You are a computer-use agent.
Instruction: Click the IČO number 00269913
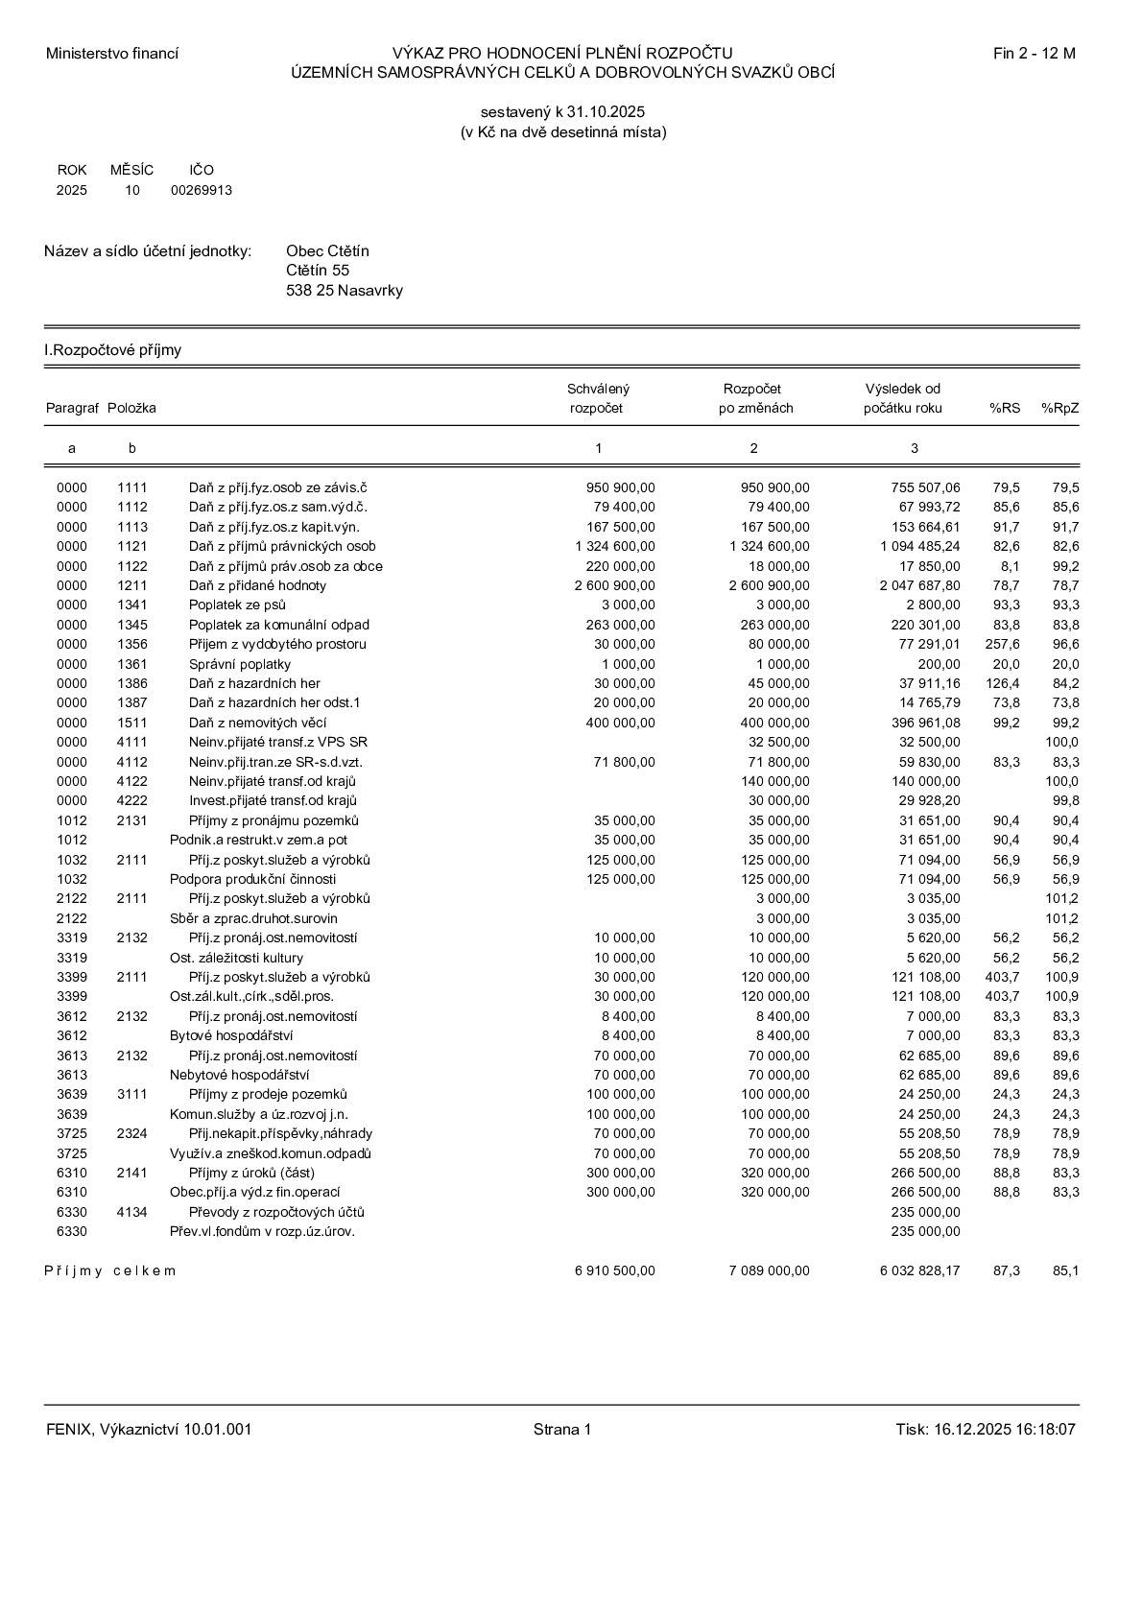(x=202, y=190)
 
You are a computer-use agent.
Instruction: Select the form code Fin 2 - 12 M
(x=1034, y=54)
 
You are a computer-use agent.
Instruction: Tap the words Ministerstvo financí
(x=112, y=54)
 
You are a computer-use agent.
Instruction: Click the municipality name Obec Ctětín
(x=327, y=251)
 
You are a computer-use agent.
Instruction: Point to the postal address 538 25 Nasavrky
(x=345, y=291)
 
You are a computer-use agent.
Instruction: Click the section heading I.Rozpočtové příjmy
(x=113, y=350)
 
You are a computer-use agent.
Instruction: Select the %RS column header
(x=1005, y=408)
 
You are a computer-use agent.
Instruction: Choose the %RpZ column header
(x=1059, y=408)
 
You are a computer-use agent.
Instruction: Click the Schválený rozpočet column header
(x=597, y=398)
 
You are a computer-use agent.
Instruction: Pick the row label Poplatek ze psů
(x=237, y=605)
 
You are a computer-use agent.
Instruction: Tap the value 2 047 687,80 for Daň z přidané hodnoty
(x=919, y=585)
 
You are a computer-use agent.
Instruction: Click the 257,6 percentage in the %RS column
(x=1003, y=644)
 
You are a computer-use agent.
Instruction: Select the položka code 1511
(x=132, y=723)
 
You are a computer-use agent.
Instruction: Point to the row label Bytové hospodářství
(x=231, y=1035)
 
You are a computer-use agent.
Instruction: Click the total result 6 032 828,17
(x=919, y=1270)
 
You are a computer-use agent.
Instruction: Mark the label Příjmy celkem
(x=110, y=1270)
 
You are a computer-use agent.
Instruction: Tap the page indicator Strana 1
(x=562, y=1430)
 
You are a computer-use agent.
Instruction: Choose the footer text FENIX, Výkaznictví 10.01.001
(x=149, y=1430)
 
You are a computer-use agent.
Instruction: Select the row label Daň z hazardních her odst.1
(x=274, y=702)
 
